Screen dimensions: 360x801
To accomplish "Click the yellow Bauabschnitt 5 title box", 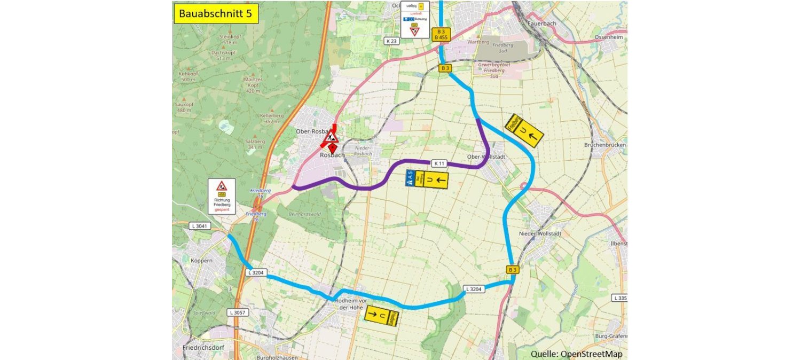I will [x=216, y=13].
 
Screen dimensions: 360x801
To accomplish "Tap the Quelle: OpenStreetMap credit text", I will [x=576, y=354].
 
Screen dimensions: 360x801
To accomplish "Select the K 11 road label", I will [x=438, y=163].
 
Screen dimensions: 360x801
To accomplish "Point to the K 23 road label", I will [x=391, y=41].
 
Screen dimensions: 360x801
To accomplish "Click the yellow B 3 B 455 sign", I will [x=441, y=34].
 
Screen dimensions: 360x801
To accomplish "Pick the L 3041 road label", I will [x=200, y=226].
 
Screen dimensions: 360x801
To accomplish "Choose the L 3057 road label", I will [x=238, y=312].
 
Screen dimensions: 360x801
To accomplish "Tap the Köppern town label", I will [x=201, y=261].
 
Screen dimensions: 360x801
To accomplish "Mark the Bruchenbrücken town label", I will [x=604, y=145].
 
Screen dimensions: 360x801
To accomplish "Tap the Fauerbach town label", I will [x=542, y=24].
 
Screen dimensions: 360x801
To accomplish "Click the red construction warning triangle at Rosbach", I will [x=331, y=136].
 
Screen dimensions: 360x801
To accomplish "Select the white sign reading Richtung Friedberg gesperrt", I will [x=222, y=197].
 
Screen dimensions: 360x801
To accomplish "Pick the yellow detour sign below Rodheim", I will [x=382, y=316].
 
